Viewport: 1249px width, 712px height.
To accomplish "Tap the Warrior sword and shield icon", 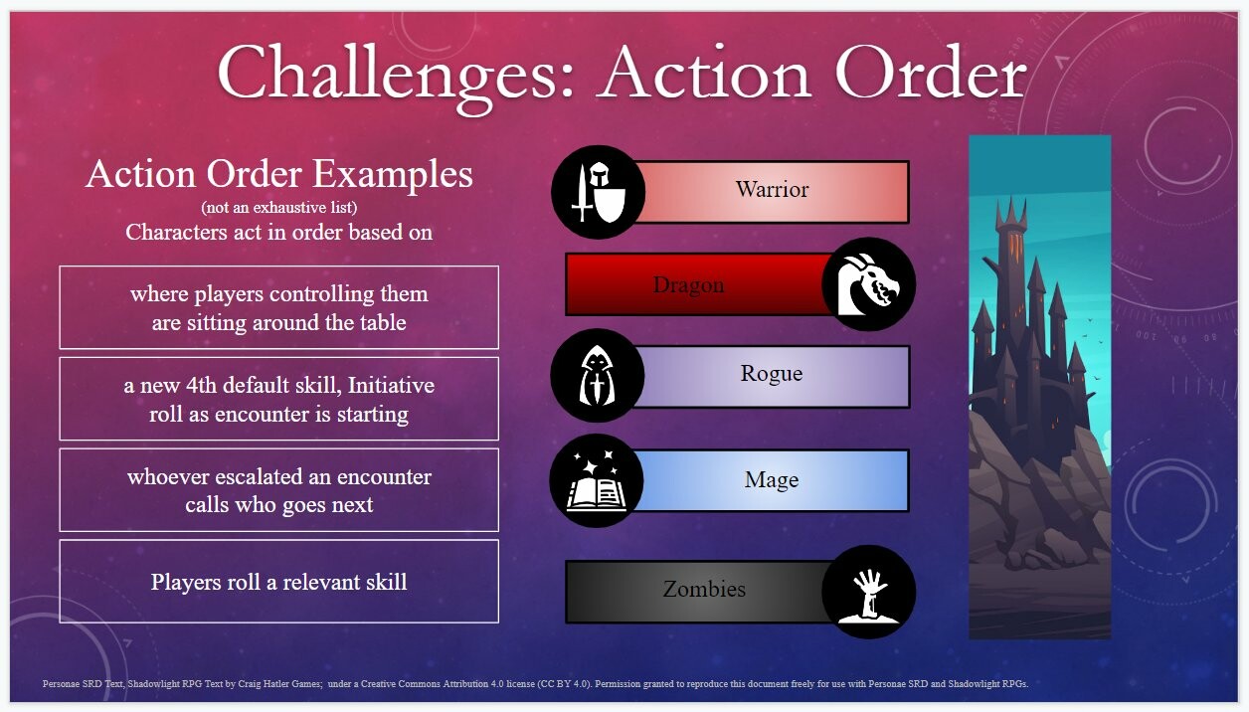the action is click(599, 192).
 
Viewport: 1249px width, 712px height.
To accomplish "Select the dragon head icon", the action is click(868, 284).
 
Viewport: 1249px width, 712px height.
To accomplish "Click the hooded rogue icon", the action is click(598, 375).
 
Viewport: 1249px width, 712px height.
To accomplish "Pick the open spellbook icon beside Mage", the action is click(596, 480).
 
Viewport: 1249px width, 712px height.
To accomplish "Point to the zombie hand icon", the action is click(868, 592).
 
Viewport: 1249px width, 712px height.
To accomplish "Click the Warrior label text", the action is click(772, 190).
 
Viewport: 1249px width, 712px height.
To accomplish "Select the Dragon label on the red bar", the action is click(688, 285).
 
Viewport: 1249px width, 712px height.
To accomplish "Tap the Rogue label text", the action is click(772, 374).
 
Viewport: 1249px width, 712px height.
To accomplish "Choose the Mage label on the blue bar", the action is click(772, 480).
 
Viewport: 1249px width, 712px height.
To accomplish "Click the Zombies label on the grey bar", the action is click(704, 590).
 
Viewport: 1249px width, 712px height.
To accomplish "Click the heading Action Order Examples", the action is click(278, 174).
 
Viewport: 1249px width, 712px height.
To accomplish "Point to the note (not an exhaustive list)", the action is click(278, 208).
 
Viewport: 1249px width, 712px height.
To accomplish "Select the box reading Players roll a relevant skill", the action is click(278, 581).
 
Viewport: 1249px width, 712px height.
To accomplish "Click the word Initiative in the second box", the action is click(391, 385).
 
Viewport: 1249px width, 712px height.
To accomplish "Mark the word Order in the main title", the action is click(931, 75).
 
